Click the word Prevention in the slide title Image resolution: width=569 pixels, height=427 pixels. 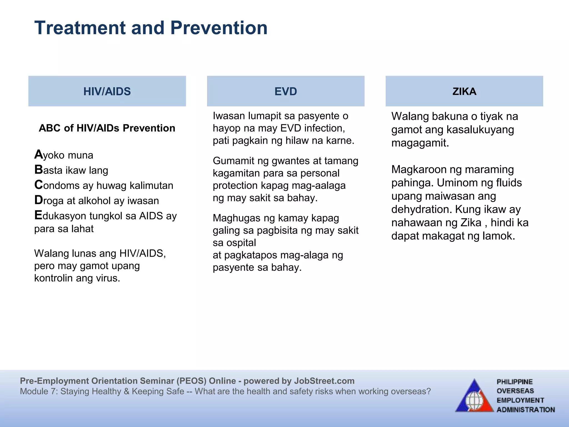coord(219,28)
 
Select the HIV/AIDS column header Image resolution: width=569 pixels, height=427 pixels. coord(107,91)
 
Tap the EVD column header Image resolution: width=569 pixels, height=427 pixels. coord(286,91)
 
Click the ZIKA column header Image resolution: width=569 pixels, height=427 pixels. coord(464,91)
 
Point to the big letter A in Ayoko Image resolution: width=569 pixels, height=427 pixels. coord(38,154)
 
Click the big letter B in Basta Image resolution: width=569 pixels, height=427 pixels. coord(38,170)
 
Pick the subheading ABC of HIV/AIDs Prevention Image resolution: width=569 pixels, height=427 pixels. coord(107,128)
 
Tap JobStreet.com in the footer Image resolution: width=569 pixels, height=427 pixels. coord(324,381)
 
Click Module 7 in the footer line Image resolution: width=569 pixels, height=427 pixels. coord(38,391)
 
